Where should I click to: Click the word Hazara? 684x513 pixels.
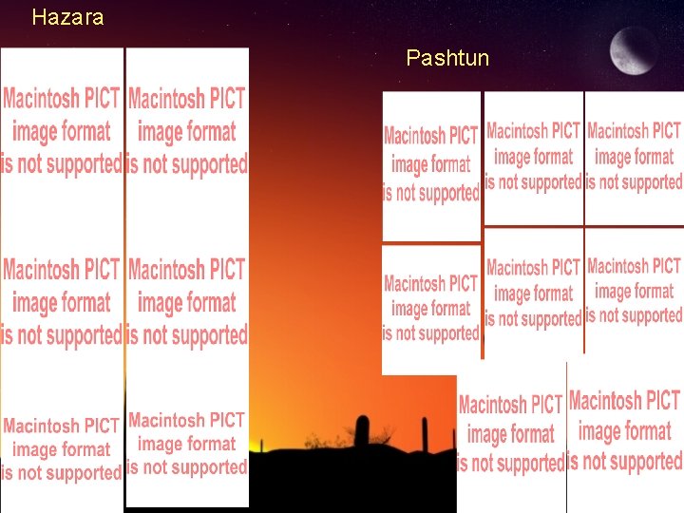click(x=67, y=17)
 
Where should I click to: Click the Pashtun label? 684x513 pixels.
click(x=447, y=58)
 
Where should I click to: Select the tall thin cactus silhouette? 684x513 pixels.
click(x=425, y=434)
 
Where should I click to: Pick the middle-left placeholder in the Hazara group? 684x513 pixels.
click(x=63, y=301)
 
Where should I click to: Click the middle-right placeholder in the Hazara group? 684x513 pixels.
click(x=187, y=301)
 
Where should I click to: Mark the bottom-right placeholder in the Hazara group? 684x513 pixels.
click(x=187, y=444)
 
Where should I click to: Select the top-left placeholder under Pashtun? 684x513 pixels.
click(x=431, y=164)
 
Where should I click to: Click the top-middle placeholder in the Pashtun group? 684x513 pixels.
click(x=533, y=157)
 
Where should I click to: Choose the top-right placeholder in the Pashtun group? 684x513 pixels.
click(x=635, y=157)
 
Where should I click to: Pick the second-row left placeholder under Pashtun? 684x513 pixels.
click(x=431, y=309)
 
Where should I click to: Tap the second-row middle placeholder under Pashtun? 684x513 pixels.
click(x=533, y=294)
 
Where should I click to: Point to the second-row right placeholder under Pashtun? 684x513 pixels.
click(x=635, y=292)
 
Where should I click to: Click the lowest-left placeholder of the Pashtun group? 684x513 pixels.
click(x=511, y=435)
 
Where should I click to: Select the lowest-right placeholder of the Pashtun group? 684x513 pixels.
click(x=625, y=432)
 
